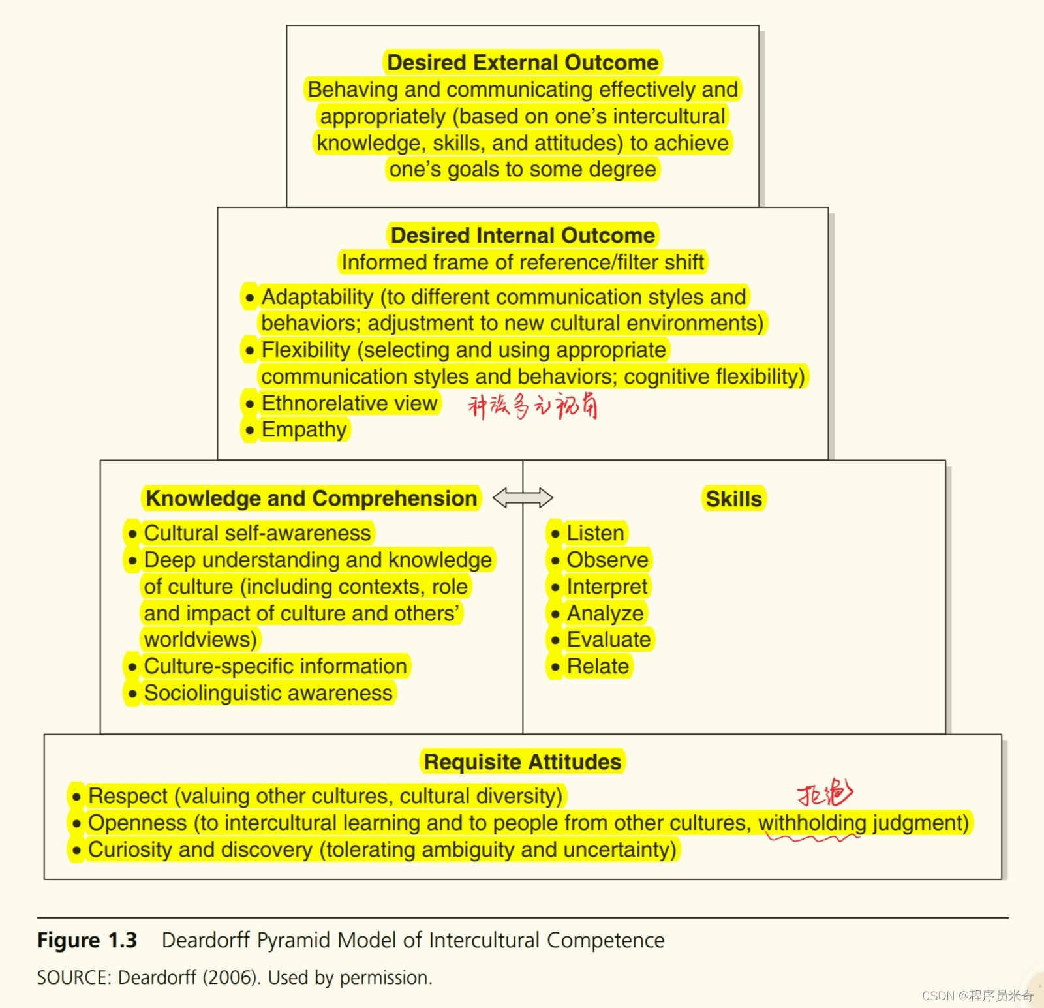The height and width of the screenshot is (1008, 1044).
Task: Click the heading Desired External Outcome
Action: click(x=523, y=63)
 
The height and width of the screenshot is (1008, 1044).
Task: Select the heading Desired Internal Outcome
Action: click(x=523, y=236)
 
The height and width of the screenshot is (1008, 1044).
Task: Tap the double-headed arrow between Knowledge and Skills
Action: click(x=523, y=498)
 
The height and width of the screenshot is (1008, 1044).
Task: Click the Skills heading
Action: click(x=733, y=499)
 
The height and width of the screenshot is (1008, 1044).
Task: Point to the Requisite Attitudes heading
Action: click(x=523, y=762)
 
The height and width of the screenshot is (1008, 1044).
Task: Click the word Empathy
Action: click(x=304, y=430)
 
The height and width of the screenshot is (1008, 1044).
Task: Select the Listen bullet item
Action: click(x=595, y=533)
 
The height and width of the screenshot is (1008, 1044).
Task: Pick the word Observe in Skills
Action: click(x=607, y=560)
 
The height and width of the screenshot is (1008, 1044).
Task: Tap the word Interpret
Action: click(x=607, y=587)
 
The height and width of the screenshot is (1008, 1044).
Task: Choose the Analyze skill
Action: click(x=605, y=613)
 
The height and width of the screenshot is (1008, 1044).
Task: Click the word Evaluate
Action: click(x=609, y=639)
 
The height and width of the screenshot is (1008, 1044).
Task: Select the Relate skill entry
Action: click(x=598, y=666)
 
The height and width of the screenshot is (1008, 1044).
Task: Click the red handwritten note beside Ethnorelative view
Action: click(x=532, y=406)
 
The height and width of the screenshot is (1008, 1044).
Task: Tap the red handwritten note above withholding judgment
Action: click(x=825, y=793)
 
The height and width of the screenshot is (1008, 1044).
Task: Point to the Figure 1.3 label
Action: click(x=87, y=940)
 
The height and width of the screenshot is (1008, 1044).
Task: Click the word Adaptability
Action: click(x=317, y=297)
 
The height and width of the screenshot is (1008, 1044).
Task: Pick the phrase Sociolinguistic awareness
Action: click(x=268, y=693)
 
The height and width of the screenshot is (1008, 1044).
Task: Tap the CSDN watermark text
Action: click(x=977, y=996)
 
